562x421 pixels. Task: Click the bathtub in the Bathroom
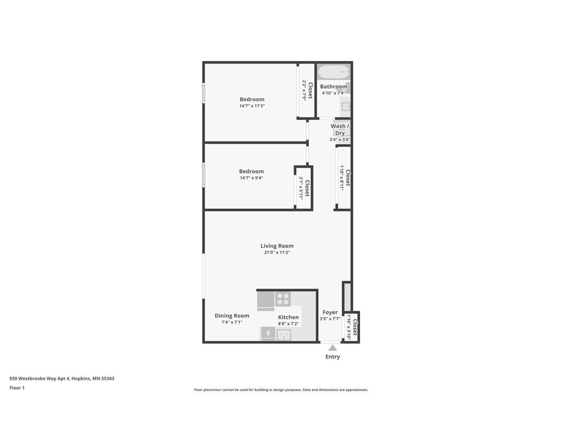pyautogui.click(x=334, y=72)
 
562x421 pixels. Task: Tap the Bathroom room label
pyautogui.click(x=334, y=87)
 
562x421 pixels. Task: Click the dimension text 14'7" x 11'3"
pyautogui.click(x=252, y=106)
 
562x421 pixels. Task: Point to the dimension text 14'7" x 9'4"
pyautogui.click(x=251, y=178)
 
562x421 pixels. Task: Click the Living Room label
pyautogui.click(x=277, y=246)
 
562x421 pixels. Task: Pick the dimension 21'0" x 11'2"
pyautogui.click(x=277, y=253)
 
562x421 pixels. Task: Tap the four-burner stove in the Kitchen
pyautogui.click(x=283, y=299)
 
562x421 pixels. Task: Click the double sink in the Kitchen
pyautogui.click(x=284, y=334)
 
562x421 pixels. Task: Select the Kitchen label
pyautogui.click(x=288, y=317)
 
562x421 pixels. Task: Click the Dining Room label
pyautogui.click(x=232, y=316)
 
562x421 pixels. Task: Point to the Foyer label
pyautogui.click(x=330, y=312)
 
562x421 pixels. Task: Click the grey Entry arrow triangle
pyautogui.click(x=333, y=348)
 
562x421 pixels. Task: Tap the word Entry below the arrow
pyautogui.click(x=333, y=357)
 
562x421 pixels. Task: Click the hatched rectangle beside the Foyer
pyautogui.click(x=347, y=297)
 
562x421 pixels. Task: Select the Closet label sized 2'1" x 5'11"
pyautogui.click(x=307, y=188)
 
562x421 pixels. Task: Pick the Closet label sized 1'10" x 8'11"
pyautogui.click(x=347, y=178)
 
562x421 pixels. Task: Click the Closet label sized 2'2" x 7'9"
pyautogui.click(x=310, y=90)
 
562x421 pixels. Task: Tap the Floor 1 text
pyautogui.click(x=17, y=388)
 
